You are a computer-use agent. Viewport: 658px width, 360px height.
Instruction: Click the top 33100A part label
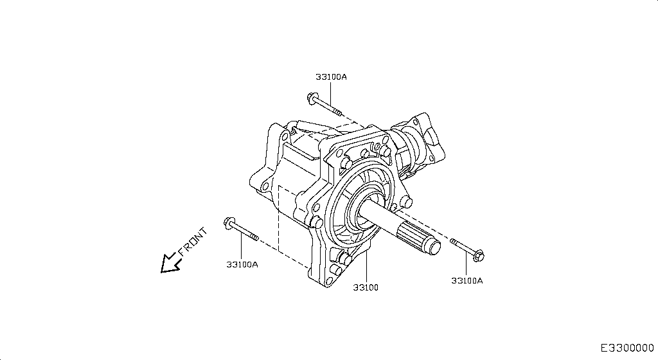click(331, 77)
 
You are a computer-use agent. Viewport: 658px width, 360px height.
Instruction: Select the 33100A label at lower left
click(242, 264)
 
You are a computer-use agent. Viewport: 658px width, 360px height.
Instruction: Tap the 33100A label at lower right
click(467, 280)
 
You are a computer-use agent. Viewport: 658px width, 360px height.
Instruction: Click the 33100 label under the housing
click(366, 287)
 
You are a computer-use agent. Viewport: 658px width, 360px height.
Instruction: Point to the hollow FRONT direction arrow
click(170, 262)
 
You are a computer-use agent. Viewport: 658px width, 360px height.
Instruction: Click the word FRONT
click(193, 241)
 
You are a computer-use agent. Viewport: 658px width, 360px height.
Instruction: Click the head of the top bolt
click(312, 99)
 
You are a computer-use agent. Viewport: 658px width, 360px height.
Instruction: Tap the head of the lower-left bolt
click(228, 223)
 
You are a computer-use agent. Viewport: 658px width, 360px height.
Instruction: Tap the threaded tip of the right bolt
click(454, 242)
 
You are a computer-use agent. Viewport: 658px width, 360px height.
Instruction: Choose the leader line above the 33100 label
click(366, 267)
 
